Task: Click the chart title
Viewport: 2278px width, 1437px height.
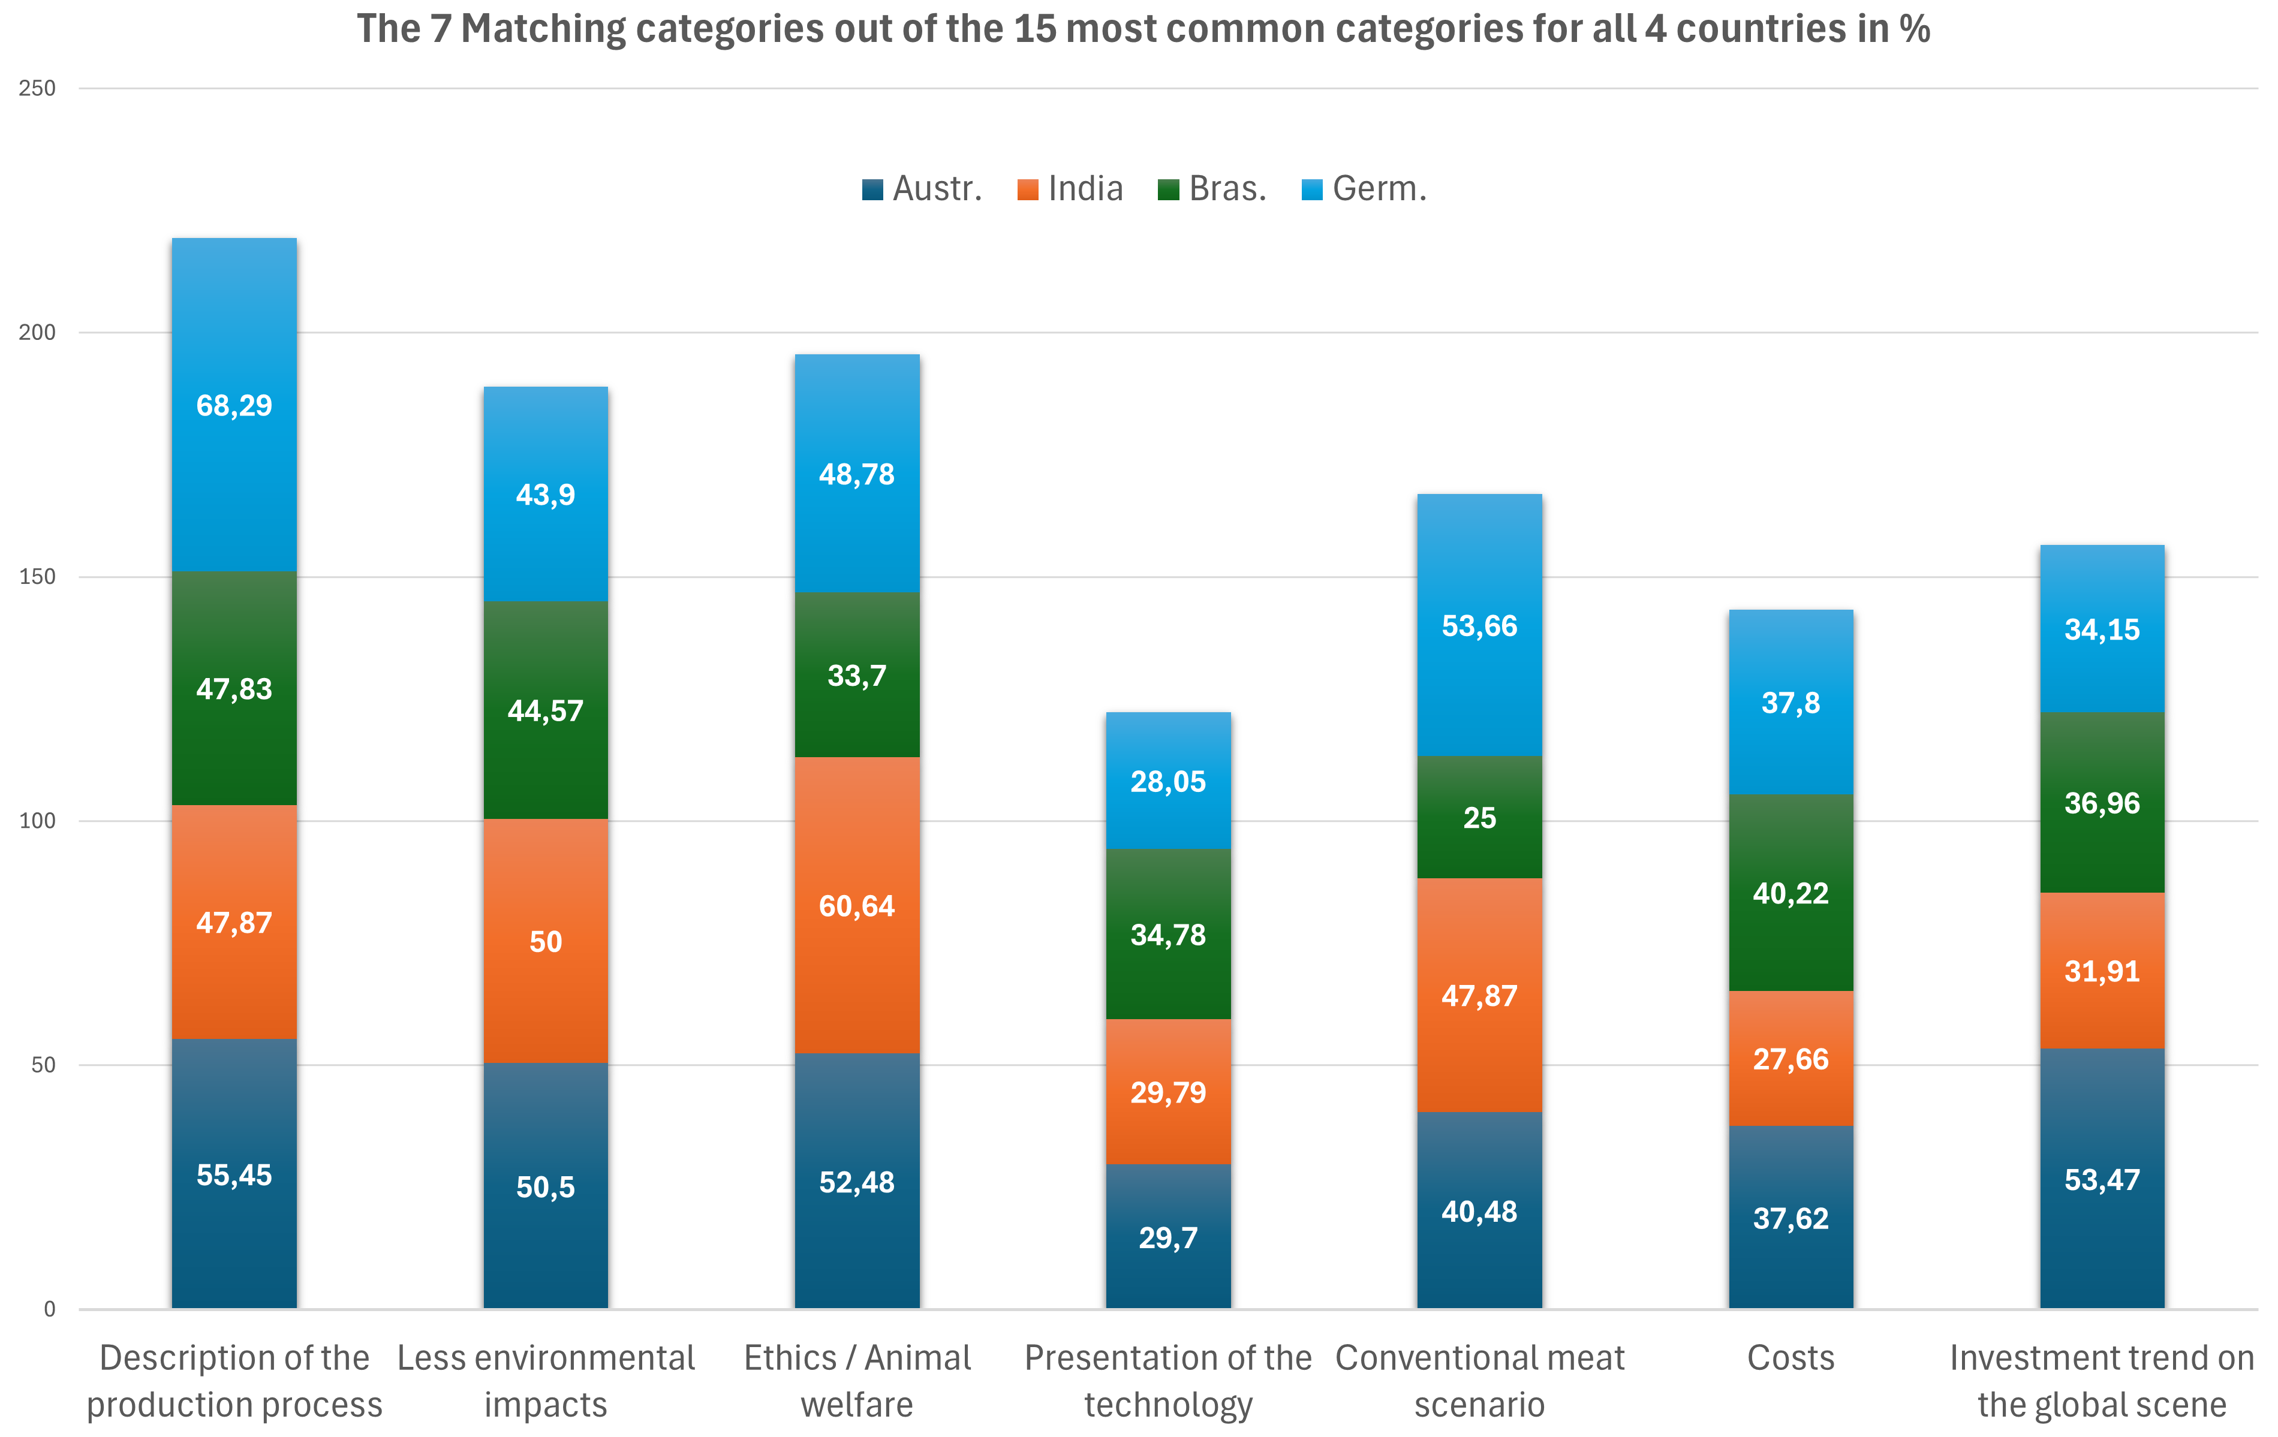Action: coord(1143,29)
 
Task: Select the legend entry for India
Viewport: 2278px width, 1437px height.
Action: coord(1071,189)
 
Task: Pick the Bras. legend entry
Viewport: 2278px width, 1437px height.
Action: coord(1213,189)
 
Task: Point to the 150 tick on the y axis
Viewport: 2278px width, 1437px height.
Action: coord(38,577)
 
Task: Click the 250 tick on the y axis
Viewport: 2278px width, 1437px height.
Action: coord(38,89)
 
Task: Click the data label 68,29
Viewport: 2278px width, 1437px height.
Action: coord(234,406)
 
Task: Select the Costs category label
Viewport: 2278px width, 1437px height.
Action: coord(1791,1358)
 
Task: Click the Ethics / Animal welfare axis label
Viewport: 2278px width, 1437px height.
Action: coord(857,1381)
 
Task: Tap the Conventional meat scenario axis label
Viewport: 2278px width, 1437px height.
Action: coord(1479,1381)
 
